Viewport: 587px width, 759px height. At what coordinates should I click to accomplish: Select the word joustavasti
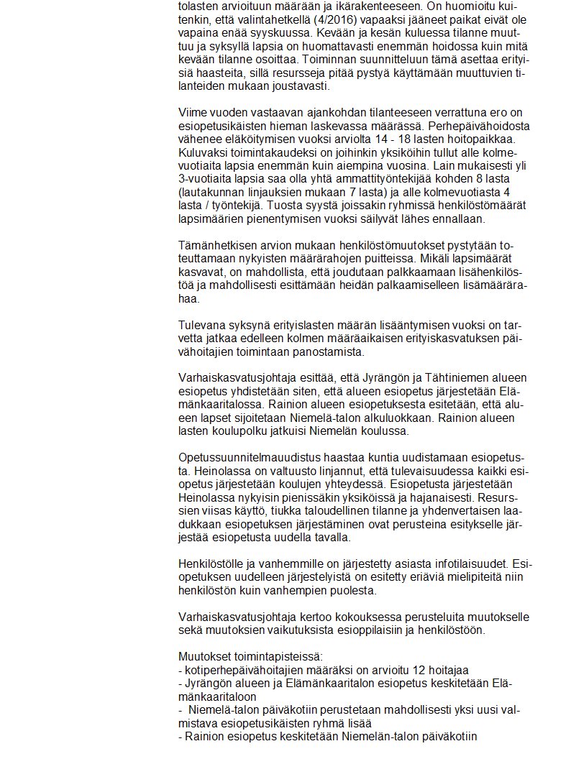point(300,86)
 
